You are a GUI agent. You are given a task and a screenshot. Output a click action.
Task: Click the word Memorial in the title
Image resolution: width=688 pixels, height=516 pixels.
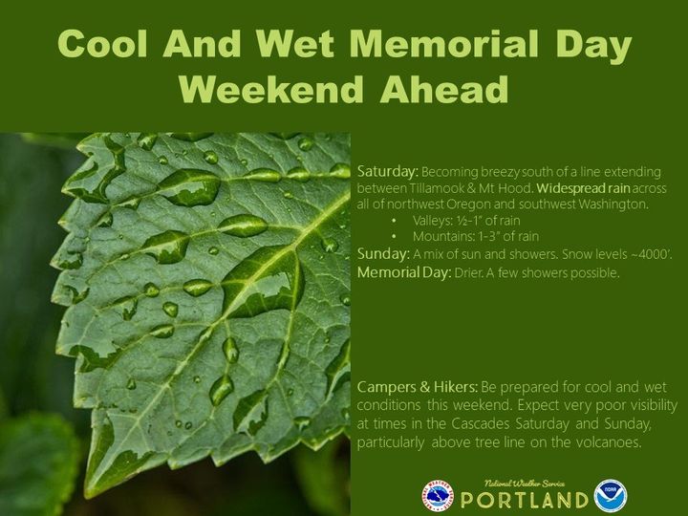[443, 44]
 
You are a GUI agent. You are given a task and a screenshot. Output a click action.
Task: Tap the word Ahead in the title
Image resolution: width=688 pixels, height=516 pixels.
[444, 89]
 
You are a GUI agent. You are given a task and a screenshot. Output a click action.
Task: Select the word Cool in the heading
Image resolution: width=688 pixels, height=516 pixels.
[102, 44]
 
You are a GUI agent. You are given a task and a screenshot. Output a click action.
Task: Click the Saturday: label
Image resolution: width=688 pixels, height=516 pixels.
[388, 172]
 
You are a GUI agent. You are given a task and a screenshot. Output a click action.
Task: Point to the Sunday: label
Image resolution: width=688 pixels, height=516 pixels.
[383, 254]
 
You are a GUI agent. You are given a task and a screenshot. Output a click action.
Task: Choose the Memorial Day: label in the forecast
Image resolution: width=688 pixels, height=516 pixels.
[403, 272]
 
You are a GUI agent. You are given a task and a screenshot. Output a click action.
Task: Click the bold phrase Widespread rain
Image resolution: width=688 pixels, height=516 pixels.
[583, 188]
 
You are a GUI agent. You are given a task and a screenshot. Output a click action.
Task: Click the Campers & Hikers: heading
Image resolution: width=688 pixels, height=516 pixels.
[417, 387]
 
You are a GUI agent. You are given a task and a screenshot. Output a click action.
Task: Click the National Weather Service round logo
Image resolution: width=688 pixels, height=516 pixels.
[437, 496]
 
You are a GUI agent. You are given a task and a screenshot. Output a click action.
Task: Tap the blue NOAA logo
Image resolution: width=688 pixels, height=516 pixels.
[610, 496]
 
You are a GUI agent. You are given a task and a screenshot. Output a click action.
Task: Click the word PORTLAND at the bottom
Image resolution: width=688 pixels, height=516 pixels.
[524, 500]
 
